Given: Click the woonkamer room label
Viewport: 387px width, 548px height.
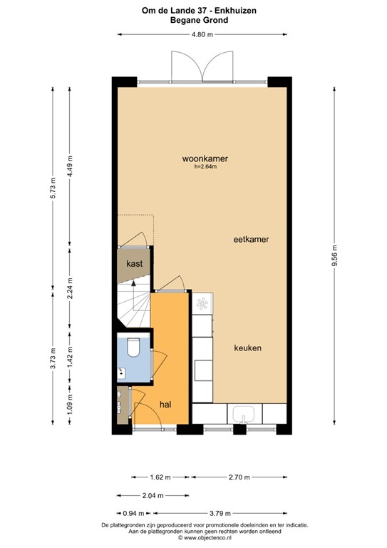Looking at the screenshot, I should pos(199,158).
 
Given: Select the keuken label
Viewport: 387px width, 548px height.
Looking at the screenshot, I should pos(247,348).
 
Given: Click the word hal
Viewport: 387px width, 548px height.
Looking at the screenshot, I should pos(165,405).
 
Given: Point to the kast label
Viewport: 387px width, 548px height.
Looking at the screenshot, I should pos(134,263).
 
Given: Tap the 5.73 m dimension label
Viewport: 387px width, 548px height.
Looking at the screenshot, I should pos(51,188).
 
